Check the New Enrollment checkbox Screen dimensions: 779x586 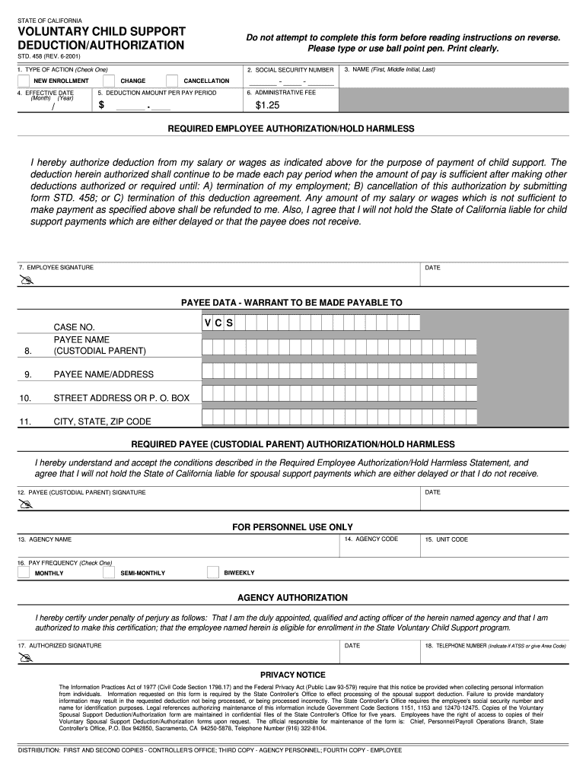(x=23, y=81)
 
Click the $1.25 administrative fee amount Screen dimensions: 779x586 (x=267, y=105)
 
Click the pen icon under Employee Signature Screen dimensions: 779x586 (x=27, y=281)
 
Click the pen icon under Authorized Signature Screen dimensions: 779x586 (x=27, y=658)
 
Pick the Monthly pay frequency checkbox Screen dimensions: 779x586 (x=24, y=573)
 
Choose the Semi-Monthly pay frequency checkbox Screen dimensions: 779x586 (x=109, y=573)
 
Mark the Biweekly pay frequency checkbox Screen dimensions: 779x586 (x=212, y=573)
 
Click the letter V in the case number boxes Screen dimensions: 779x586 (x=207, y=323)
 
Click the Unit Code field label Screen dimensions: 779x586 (x=447, y=539)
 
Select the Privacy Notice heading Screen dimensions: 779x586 (x=292, y=675)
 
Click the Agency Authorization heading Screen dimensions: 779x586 (x=292, y=598)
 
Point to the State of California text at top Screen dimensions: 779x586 (x=50, y=20)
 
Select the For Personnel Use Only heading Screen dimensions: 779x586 (x=292, y=526)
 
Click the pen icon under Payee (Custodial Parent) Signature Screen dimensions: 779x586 (x=27, y=504)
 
